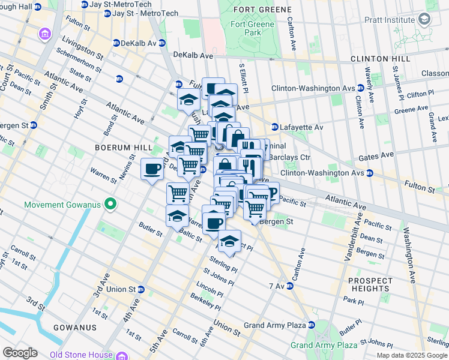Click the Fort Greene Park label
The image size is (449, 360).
(x=253, y=29)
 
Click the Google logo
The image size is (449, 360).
(x=20, y=353)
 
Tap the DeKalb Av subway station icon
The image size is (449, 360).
(x=116, y=43)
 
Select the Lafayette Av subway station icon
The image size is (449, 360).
(x=274, y=127)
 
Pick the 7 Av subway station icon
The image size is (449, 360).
(x=289, y=285)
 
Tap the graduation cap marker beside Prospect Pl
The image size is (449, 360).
(x=229, y=241)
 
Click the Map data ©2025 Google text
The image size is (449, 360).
(x=411, y=355)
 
